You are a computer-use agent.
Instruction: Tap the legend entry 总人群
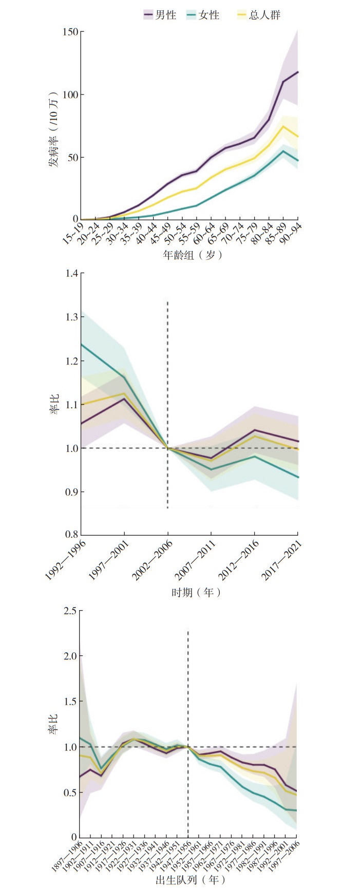pos(259,15)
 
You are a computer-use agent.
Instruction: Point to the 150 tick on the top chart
pos(70,32)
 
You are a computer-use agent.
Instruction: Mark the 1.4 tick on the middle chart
pos(72,273)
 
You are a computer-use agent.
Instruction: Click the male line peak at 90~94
pos(298,72)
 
